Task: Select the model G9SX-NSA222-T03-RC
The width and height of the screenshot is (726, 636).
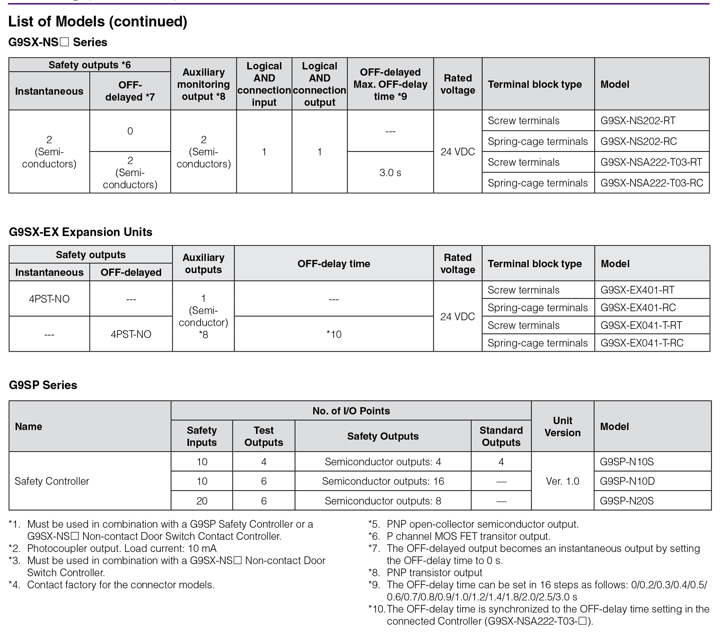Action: click(x=651, y=183)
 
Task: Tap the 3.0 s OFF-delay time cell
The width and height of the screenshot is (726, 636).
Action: click(x=390, y=173)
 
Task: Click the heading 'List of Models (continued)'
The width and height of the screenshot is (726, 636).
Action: click(x=98, y=21)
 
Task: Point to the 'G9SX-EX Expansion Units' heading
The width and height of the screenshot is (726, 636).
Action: click(x=81, y=232)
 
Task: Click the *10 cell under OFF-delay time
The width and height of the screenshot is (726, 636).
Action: click(x=334, y=334)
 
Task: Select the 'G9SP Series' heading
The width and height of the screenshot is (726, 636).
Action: click(x=43, y=385)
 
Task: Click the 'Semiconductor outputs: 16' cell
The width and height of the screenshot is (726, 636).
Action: click(x=383, y=481)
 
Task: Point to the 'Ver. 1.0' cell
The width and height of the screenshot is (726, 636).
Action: click(x=562, y=481)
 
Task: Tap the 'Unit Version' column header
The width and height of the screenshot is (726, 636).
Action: click(x=562, y=426)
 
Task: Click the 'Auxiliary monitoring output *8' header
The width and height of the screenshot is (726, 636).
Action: click(x=203, y=84)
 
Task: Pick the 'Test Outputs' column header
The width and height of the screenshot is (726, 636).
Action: click(x=264, y=436)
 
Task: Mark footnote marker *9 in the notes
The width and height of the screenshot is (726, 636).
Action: click(x=374, y=585)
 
